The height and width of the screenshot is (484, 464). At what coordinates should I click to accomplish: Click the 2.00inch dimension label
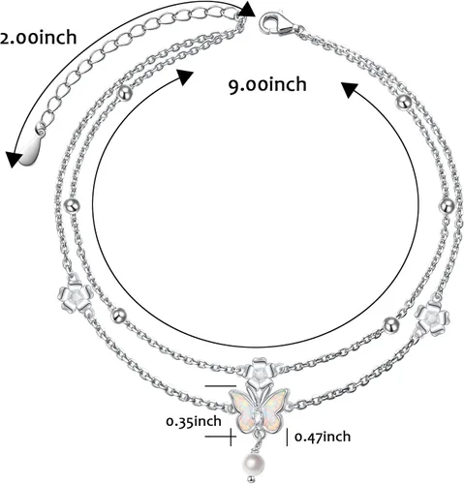click(x=38, y=38)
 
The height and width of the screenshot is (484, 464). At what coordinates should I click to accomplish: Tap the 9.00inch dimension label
click(x=267, y=85)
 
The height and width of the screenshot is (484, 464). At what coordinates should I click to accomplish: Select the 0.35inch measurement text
click(x=194, y=421)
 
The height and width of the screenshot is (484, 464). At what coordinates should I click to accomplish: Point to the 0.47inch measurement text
click(x=323, y=437)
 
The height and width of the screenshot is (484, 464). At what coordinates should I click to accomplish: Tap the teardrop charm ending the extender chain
click(x=31, y=150)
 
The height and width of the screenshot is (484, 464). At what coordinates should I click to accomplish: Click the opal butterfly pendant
click(x=261, y=409)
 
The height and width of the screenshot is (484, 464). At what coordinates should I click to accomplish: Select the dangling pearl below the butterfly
click(x=254, y=464)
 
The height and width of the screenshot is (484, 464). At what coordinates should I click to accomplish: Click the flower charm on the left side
click(x=75, y=294)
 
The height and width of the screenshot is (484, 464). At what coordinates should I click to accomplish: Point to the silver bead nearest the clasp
click(x=404, y=103)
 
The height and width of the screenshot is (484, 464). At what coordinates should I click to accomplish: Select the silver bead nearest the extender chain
click(x=125, y=94)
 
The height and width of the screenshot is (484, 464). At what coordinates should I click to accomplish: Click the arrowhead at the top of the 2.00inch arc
click(x=247, y=9)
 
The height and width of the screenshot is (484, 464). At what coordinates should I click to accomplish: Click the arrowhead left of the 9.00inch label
click(x=184, y=77)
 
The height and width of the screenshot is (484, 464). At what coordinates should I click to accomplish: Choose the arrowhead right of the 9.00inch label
click(x=350, y=90)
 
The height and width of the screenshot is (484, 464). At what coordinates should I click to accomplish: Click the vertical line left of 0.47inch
click(x=288, y=437)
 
